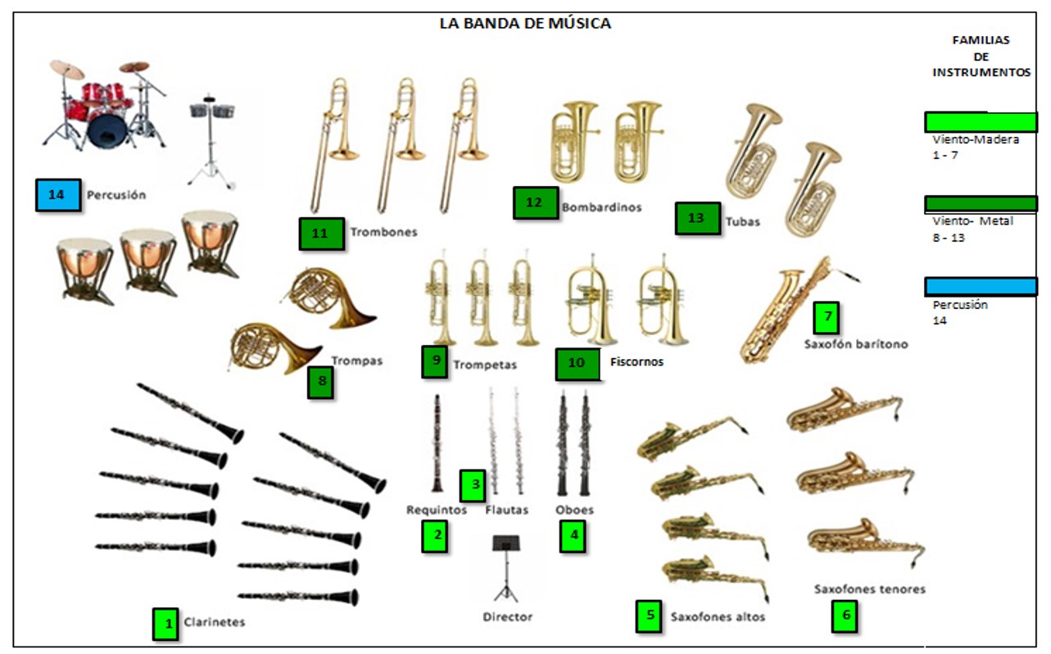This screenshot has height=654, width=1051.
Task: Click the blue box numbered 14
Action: pyautogui.click(x=58, y=195)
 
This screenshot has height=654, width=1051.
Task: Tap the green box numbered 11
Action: pyautogui.click(x=320, y=234)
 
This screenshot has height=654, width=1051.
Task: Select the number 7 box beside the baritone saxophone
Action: pyautogui.click(x=827, y=316)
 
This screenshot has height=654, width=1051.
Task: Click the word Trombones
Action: pyautogui.click(x=383, y=232)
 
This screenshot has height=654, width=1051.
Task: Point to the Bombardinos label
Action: pyautogui.click(x=601, y=207)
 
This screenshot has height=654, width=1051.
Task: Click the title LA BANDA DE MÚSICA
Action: pyautogui.click(x=525, y=23)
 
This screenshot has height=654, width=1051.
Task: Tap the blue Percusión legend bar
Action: pyautogui.click(x=981, y=286)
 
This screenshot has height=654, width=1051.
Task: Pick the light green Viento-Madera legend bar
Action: pyautogui.click(x=981, y=122)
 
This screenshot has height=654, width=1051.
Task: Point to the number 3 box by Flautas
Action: pyautogui.click(x=473, y=485)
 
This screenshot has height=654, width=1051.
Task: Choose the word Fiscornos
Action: pyautogui.click(x=636, y=361)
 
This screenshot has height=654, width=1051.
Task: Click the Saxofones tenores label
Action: pyautogui.click(x=869, y=588)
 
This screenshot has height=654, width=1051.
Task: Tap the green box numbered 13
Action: pyautogui.click(x=697, y=219)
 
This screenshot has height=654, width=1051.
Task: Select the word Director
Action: pyautogui.click(x=507, y=616)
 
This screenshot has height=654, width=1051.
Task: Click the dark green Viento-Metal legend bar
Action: pyautogui.click(x=981, y=203)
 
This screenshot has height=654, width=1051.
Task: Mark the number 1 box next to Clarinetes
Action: pyautogui.click(x=166, y=624)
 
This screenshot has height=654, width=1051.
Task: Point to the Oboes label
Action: pyautogui.click(x=574, y=510)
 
